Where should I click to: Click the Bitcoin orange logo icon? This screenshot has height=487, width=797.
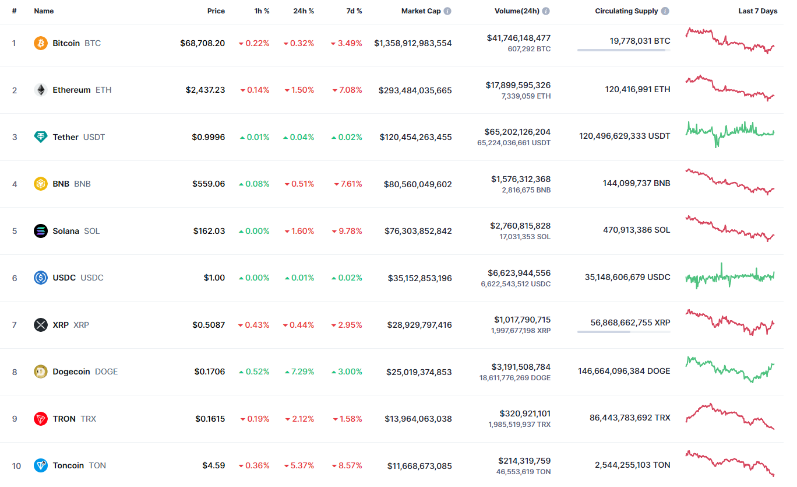(41, 43)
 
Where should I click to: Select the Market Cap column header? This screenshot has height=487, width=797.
(421, 11)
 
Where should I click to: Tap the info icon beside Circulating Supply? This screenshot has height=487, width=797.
(665, 11)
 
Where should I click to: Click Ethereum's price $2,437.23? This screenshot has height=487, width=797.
(205, 90)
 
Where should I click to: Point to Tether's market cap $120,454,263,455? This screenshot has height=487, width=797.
(415, 137)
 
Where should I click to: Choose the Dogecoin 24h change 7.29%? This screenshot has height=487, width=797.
(299, 372)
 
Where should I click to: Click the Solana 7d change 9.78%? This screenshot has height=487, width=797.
(347, 231)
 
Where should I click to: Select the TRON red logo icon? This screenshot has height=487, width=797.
(41, 419)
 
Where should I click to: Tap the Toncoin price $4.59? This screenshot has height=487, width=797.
(213, 465)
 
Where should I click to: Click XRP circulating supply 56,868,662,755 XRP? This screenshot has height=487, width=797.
(630, 323)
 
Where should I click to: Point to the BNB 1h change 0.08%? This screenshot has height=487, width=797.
(254, 184)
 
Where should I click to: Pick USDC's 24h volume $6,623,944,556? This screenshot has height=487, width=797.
(519, 273)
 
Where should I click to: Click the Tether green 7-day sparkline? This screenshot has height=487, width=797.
(730, 134)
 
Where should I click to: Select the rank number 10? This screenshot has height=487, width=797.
(16, 466)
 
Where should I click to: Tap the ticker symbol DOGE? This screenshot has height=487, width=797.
(106, 372)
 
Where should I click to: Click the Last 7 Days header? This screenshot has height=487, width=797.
(757, 11)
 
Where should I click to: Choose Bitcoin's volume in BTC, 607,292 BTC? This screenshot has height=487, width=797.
(529, 49)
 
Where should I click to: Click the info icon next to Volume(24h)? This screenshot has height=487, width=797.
(546, 11)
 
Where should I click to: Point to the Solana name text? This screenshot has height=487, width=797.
(66, 231)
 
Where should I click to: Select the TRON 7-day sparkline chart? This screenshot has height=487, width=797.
(730, 416)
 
